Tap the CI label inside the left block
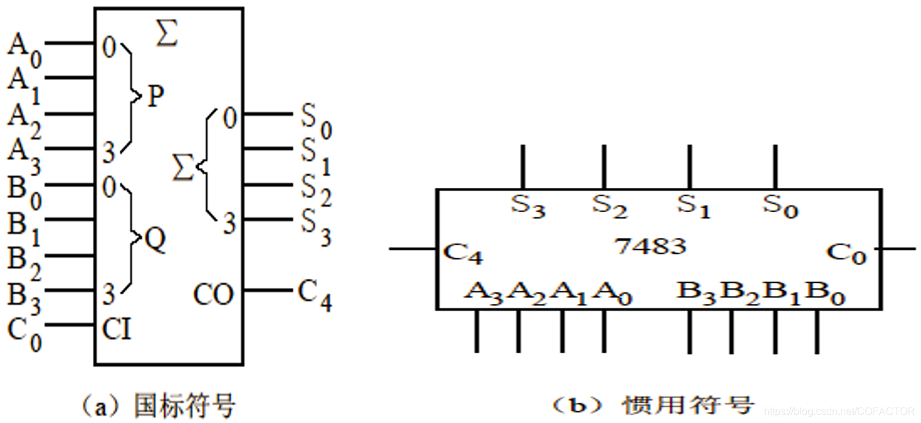[117, 329]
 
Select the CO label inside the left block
[213, 295]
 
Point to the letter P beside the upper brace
[156, 97]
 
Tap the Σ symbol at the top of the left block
[167, 35]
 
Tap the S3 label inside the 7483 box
[527, 206]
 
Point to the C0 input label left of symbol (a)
[24, 332]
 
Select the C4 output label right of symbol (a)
[315, 295]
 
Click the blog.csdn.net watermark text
[840, 410]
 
